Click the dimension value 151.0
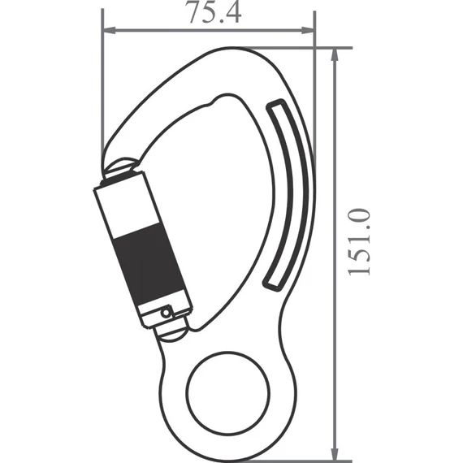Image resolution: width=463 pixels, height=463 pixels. pos(360,241)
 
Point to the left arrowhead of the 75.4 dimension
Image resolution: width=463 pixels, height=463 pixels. pos(108,32)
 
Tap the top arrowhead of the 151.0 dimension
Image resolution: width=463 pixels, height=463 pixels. pos(335,53)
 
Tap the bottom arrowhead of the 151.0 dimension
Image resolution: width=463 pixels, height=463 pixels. pos(335,455)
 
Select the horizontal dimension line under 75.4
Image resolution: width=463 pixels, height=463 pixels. pos(208,32)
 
